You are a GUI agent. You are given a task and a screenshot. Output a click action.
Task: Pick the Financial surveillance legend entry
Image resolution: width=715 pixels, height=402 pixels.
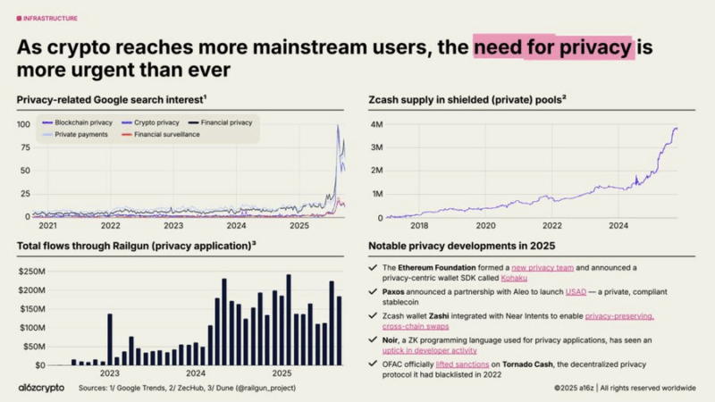point(166,134)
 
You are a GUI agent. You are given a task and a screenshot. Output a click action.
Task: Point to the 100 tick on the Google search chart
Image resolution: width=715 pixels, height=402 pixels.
point(23,124)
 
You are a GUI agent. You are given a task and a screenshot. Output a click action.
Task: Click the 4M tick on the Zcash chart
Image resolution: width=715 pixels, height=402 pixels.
point(376,124)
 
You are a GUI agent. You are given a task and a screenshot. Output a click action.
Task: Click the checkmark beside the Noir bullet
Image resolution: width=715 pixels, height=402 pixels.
point(373,340)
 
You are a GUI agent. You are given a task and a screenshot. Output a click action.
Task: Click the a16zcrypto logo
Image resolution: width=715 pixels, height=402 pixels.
point(39,388)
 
